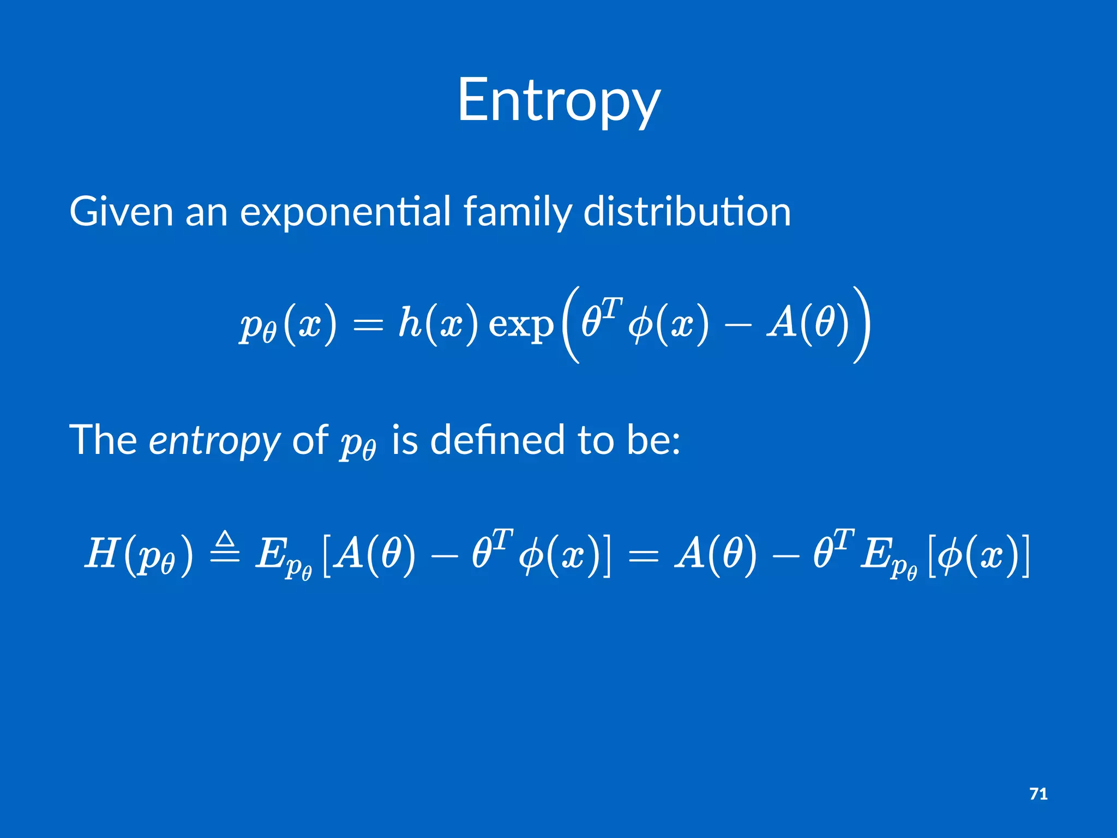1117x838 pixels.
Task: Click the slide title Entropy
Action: click(558, 101)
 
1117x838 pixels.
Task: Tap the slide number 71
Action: click(1038, 794)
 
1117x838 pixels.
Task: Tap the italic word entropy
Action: click(214, 441)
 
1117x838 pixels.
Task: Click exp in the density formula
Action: click(520, 325)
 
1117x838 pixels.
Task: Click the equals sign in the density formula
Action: click(368, 325)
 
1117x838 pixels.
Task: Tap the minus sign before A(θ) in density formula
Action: click(737, 325)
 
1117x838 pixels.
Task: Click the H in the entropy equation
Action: click(102, 553)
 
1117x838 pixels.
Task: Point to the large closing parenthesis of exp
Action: click(862, 324)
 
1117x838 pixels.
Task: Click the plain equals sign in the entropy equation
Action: click(644, 555)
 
